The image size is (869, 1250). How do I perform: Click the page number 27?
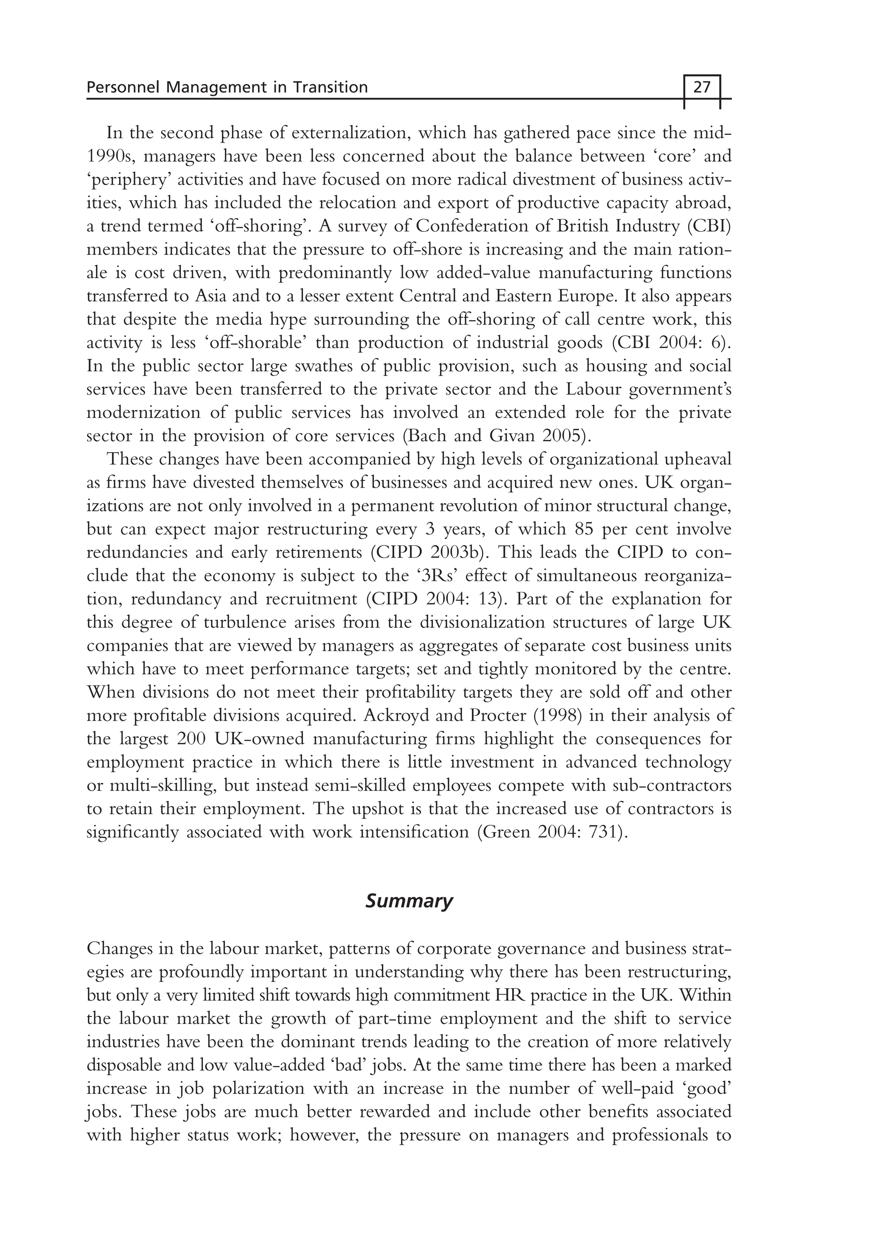[x=702, y=87]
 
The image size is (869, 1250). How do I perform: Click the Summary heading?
[x=408, y=901]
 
